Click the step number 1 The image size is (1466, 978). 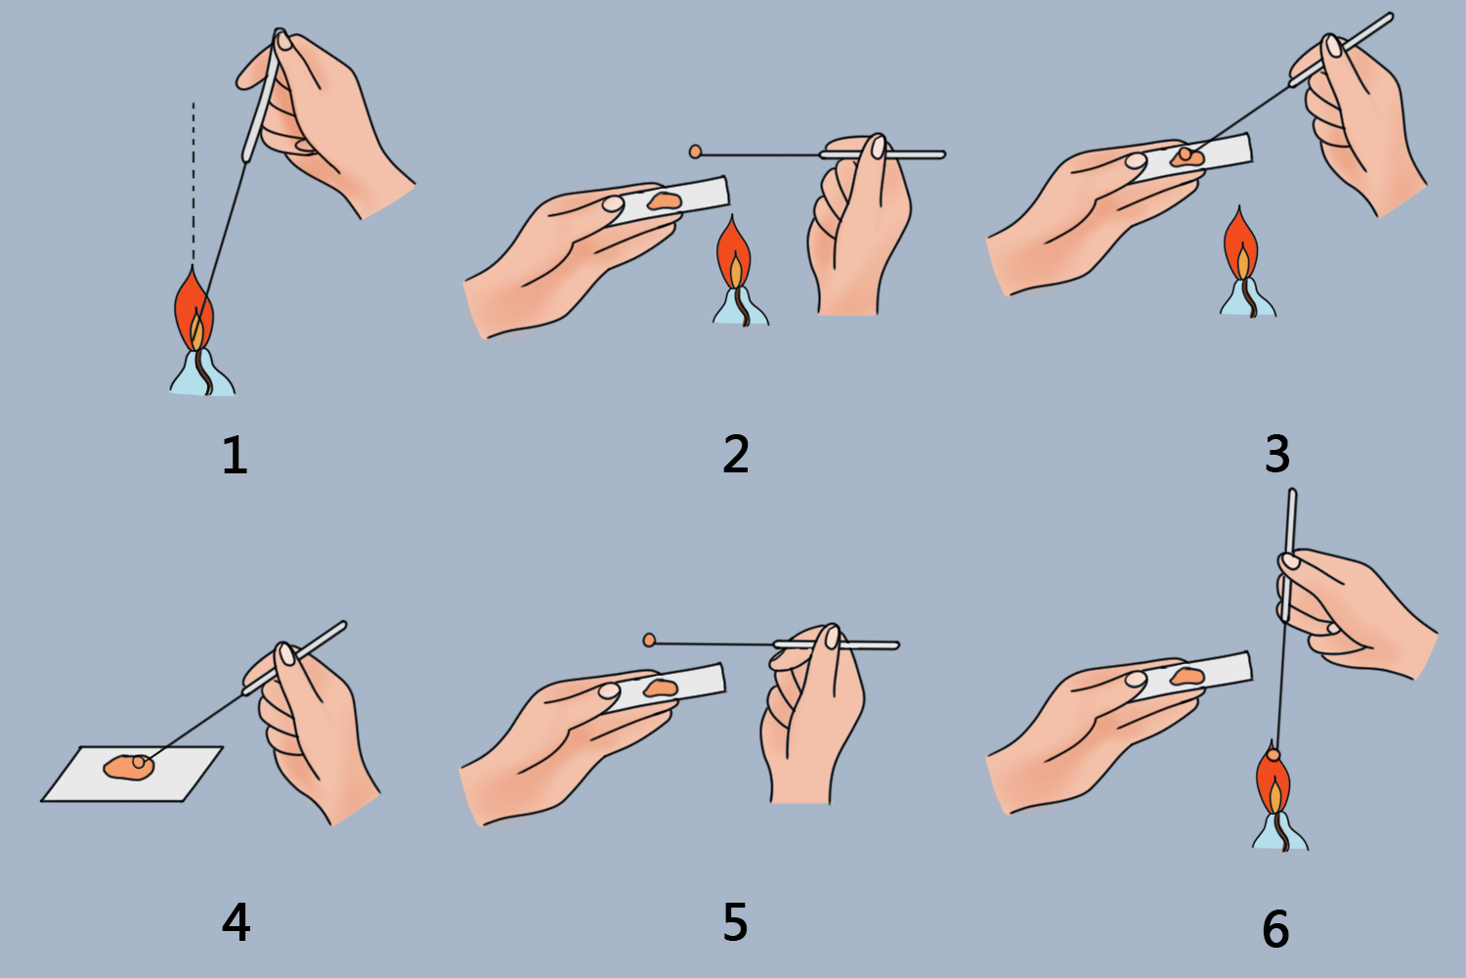pyautogui.click(x=235, y=456)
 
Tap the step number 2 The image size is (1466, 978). pyautogui.click(x=736, y=454)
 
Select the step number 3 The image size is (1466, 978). pyautogui.click(x=1276, y=454)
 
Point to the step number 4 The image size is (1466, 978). pyautogui.click(x=236, y=922)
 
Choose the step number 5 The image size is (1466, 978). pyautogui.click(x=735, y=922)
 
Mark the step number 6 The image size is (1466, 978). pyautogui.click(x=1275, y=928)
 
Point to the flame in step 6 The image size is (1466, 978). pyautogui.click(x=1272, y=778)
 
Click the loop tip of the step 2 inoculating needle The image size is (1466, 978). pyautogui.click(x=695, y=152)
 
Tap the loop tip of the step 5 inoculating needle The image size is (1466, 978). pyautogui.click(x=649, y=640)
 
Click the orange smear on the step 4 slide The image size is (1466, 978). pyautogui.click(x=128, y=767)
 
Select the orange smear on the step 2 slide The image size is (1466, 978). pyautogui.click(x=665, y=201)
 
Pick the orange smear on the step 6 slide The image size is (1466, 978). pyautogui.click(x=1186, y=676)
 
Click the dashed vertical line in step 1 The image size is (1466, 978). pyautogui.click(x=194, y=182)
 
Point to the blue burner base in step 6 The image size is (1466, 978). pyautogui.click(x=1280, y=831)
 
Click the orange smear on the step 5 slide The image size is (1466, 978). pyautogui.click(x=660, y=688)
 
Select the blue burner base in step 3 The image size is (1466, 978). pyautogui.click(x=1248, y=298)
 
